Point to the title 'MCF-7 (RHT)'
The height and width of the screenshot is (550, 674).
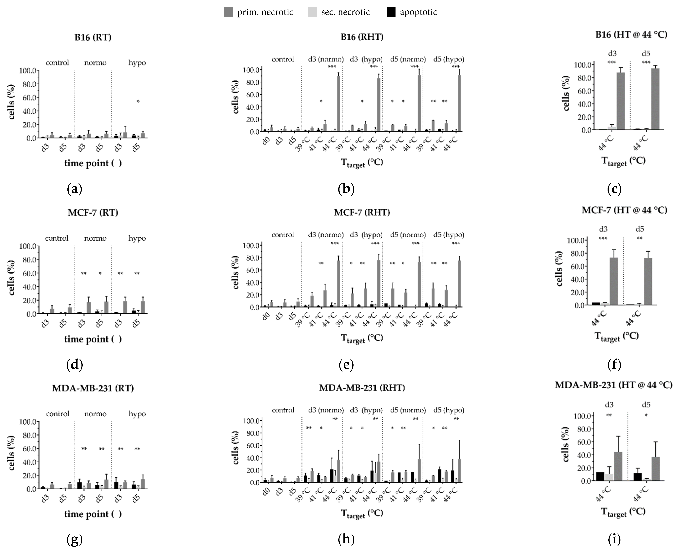pyautogui.click(x=362, y=212)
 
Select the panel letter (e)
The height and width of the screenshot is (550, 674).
pyautogui.click(x=346, y=365)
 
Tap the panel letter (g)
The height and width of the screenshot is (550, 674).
pyautogui.click(x=75, y=539)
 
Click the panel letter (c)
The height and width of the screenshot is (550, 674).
pyautogui.click(x=614, y=189)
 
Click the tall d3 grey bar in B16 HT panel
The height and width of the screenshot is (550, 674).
pyautogui.click(x=620, y=101)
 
